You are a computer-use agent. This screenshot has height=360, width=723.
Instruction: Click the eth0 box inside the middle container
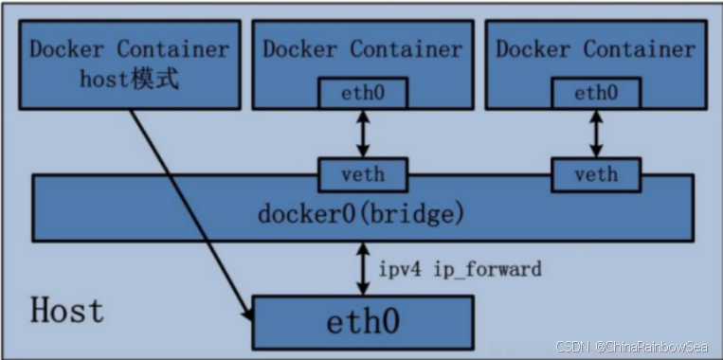pyautogui.click(x=363, y=93)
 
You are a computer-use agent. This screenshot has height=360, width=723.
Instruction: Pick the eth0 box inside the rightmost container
pyautogui.click(x=596, y=93)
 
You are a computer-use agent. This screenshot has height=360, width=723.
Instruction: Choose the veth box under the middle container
pyautogui.click(x=363, y=174)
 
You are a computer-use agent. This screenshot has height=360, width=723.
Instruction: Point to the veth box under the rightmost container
pyautogui.click(x=596, y=174)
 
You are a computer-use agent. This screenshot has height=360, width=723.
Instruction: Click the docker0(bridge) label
pyautogui.click(x=361, y=214)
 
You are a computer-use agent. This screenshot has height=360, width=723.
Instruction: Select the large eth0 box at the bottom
pyautogui.click(x=362, y=321)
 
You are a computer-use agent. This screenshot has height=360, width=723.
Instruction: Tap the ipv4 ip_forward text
pyautogui.click(x=461, y=269)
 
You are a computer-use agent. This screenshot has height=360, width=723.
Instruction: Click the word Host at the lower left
pyautogui.click(x=67, y=310)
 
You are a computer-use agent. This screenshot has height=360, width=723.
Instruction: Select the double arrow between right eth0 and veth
pyautogui.click(x=596, y=134)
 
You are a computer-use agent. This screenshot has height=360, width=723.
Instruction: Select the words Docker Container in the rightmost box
pyautogui.click(x=596, y=48)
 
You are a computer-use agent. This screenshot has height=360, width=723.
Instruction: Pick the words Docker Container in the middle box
pyautogui.click(x=362, y=48)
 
